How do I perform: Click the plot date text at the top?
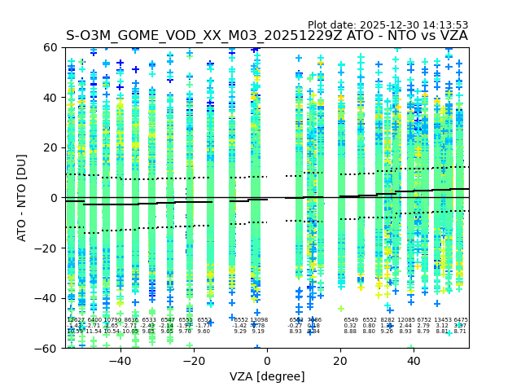coord(387,25)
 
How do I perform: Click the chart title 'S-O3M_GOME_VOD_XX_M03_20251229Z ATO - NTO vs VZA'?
coord(267,36)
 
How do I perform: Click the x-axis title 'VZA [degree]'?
coord(267,376)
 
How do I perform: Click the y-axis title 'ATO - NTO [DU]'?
coord(22,198)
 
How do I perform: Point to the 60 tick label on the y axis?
coord(50,47)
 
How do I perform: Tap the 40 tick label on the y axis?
coord(50,98)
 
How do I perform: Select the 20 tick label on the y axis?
coord(50,147)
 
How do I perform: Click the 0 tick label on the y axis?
coord(53,198)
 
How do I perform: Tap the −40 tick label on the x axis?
coord(120,360)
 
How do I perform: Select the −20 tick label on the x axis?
coord(193,360)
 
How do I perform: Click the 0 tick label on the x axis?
coord(267,360)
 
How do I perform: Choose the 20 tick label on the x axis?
coord(340,360)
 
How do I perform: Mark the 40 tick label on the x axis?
coord(414,360)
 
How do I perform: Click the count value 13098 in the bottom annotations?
coord(258,320)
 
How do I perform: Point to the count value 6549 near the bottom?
coord(351,320)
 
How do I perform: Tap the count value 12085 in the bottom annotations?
coord(405,320)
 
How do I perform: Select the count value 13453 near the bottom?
coord(443,320)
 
